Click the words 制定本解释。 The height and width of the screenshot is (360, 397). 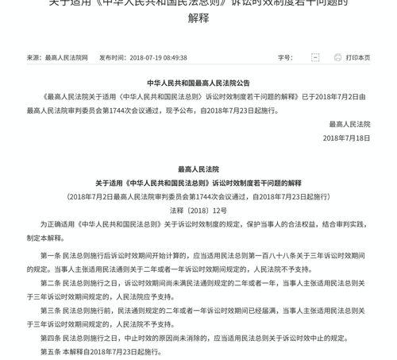46,237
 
